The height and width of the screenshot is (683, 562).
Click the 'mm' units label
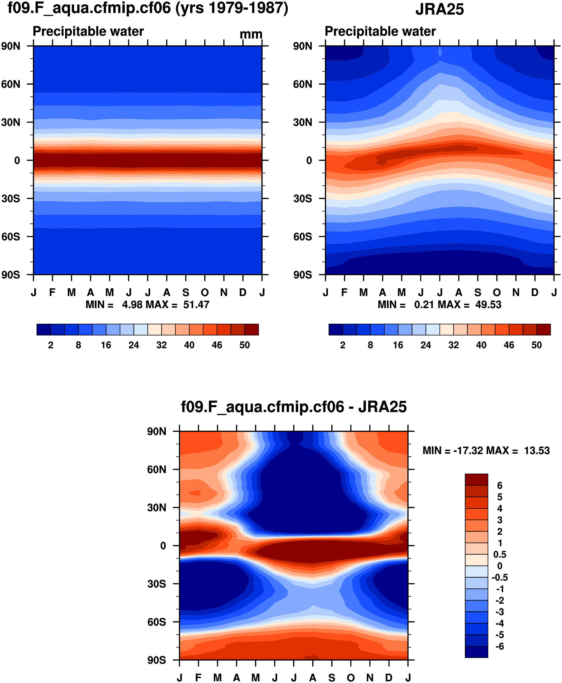coord(251,34)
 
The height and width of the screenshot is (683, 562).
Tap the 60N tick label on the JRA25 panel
coord(302,84)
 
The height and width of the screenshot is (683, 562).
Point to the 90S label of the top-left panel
coord(10,275)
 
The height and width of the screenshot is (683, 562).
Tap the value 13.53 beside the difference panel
coord(537,450)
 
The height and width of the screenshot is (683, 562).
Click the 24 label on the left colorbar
coord(134,345)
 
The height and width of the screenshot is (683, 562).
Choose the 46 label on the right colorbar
coord(509,345)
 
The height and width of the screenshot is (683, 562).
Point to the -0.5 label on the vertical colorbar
coord(499,577)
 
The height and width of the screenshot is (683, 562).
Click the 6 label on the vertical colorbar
coord(499,485)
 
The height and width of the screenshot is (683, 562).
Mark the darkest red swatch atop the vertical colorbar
coord(476,480)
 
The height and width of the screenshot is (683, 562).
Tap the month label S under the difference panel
coord(332,678)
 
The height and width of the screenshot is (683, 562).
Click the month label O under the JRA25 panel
coord(497,292)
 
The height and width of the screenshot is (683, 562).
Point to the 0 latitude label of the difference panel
coord(163,546)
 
